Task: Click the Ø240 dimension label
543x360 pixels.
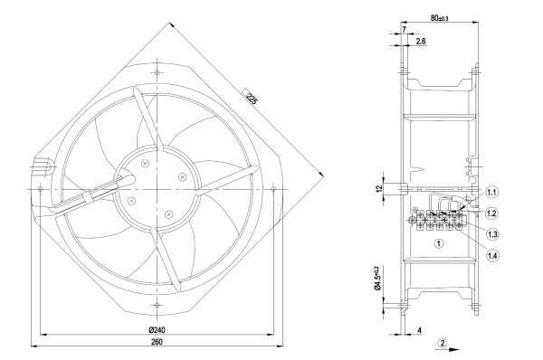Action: pos(157,330)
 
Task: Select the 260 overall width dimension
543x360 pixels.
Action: pos(157,342)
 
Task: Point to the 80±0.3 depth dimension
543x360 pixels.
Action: pos(440,18)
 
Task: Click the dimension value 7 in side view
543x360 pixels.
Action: pos(405,30)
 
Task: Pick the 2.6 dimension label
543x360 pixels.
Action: pos(421,42)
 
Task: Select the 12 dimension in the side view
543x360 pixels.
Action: pos(379,189)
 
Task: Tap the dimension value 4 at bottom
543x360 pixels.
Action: pos(419,330)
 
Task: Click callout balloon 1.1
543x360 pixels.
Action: pos(491,193)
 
